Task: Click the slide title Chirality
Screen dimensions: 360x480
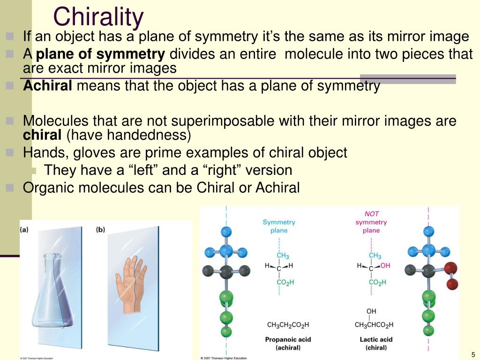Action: (x=98, y=17)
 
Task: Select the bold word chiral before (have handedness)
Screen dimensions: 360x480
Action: (x=42, y=135)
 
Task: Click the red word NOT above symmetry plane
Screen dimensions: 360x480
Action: (x=371, y=214)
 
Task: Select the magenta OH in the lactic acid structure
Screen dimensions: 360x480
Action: (x=385, y=265)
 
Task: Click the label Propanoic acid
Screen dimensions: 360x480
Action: (x=288, y=339)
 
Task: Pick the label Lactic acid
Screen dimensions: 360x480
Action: (x=376, y=339)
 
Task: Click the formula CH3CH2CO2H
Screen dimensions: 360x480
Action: (x=288, y=325)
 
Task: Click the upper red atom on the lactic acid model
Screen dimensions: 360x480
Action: (x=451, y=268)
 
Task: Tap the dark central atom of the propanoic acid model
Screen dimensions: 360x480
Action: (x=226, y=270)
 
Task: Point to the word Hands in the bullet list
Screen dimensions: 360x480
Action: (x=40, y=152)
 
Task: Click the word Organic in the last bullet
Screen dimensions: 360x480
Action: (x=49, y=187)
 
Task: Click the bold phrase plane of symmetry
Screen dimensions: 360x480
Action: (x=100, y=54)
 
